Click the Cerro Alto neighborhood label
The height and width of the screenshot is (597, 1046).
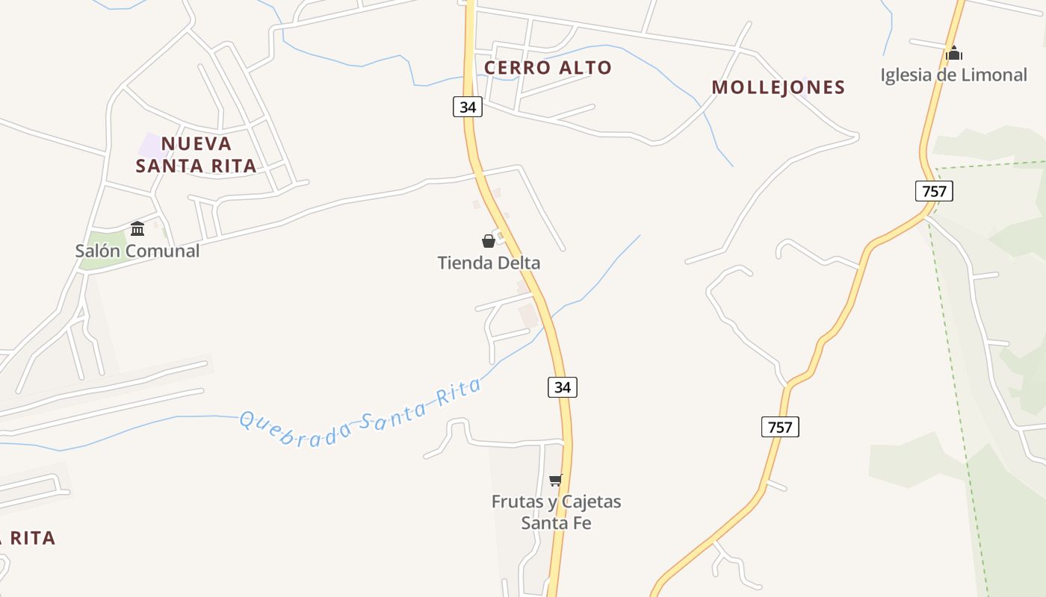coord(548,68)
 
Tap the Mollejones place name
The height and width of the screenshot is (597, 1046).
coord(778,87)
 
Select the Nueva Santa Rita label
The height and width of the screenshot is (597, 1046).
coord(196,154)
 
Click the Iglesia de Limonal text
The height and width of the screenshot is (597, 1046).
coord(953,75)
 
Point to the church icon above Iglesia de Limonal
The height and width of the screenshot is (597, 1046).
coord(953,54)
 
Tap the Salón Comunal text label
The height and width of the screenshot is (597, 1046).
coord(137,251)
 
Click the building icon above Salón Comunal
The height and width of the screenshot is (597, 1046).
coord(137,228)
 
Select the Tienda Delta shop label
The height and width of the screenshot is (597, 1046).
coord(489,263)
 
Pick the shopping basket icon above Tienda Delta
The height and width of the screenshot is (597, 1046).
coord(489,241)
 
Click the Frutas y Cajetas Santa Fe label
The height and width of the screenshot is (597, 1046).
coord(556,512)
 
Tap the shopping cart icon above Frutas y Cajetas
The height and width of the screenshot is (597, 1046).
coord(555,480)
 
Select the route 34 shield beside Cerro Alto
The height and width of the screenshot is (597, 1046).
coord(468,107)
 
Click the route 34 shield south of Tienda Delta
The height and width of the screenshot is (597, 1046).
coord(563,387)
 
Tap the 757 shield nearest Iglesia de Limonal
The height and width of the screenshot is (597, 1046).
coord(934,191)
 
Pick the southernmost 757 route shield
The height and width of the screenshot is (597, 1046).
coord(780,427)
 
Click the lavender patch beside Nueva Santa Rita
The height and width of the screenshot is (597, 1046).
coord(152,146)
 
